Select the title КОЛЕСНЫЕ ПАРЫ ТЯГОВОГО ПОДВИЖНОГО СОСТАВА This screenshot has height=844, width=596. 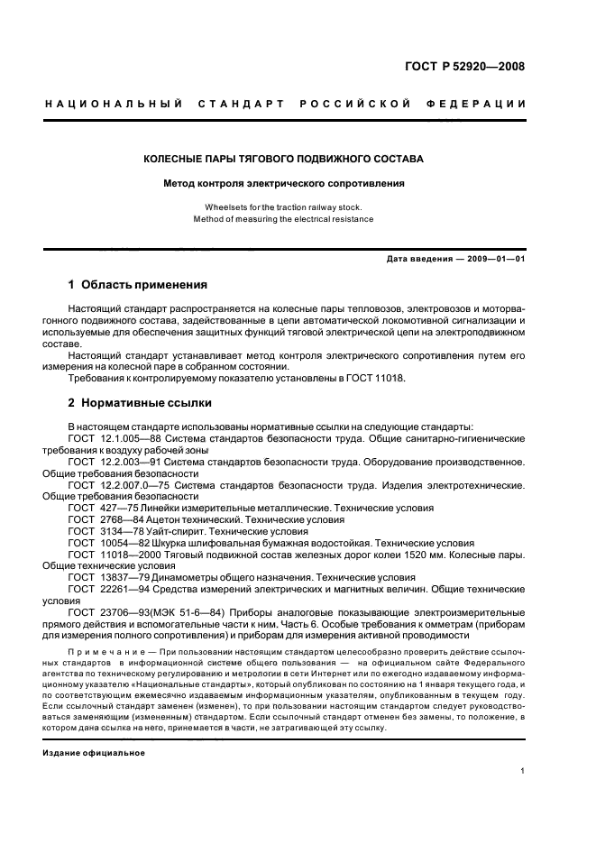coord(283,159)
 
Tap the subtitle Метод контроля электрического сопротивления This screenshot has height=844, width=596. coord(283,183)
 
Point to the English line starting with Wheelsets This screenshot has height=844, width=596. coord(283,206)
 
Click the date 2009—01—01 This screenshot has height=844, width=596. coord(496,259)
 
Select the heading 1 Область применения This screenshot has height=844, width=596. coord(138,285)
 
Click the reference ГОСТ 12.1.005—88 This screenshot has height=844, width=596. coord(112,437)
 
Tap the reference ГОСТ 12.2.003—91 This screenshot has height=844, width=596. coord(112,461)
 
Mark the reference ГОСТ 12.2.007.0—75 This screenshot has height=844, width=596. coord(116,484)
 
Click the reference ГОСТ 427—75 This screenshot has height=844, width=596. coord(100,508)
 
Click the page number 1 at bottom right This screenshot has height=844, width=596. coord(523,771)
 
